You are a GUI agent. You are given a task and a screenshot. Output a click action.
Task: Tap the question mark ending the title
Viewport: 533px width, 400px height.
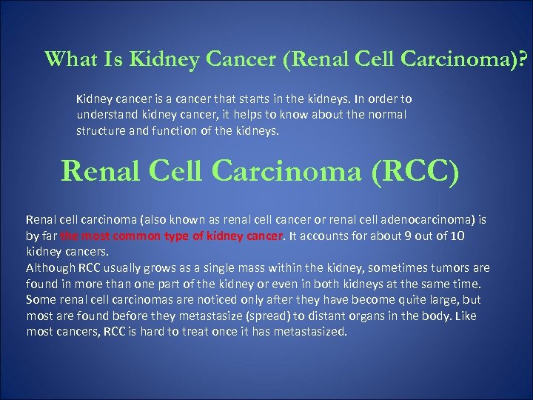coord(526,59)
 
